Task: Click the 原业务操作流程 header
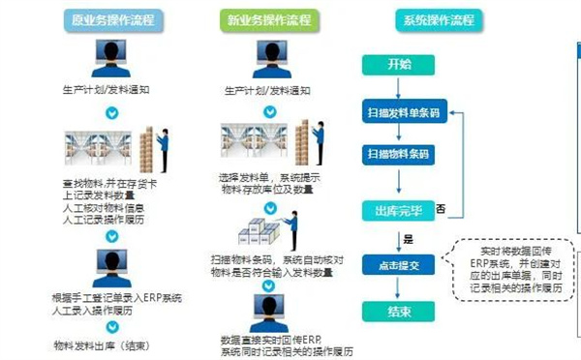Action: pyautogui.click(x=111, y=18)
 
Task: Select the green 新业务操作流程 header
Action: pyautogui.click(x=259, y=18)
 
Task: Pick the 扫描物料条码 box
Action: pyautogui.click(x=399, y=154)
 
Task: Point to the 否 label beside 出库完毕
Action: pyautogui.click(x=441, y=209)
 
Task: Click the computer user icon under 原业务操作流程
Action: pyautogui.click(x=110, y=59)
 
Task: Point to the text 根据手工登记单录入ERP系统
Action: pyautogui.click(x=116, y=296)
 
